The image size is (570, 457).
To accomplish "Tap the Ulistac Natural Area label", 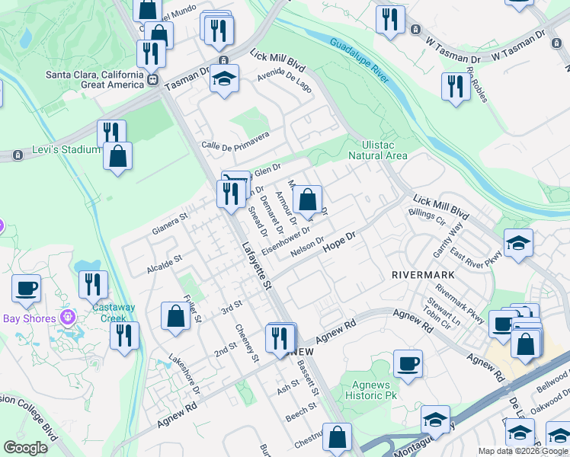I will (x=378, y=149).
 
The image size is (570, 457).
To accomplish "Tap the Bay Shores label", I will (x=30, y=318).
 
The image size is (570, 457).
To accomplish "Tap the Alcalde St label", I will (x=165, y=264).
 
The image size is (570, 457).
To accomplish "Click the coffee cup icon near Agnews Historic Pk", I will (x=408, y=363).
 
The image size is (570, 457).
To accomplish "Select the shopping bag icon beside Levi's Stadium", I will (x=117, y=156).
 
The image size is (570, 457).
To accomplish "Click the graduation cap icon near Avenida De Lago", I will (x=225, y=78).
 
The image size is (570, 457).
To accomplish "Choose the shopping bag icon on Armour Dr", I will (x=307, y=200).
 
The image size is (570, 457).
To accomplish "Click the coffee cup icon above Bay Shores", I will (x=26, y=288).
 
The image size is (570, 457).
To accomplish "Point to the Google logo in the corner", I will (x=25, y=448).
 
